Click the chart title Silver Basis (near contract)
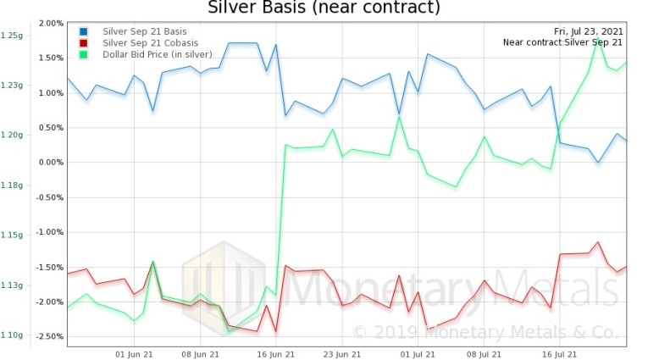[x=324, y=8]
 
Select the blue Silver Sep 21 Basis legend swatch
[x=83, y=31]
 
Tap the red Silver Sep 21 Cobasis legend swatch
[x=83, y=43]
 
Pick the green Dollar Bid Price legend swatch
[x=83, y=55]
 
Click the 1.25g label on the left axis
[x=12, y=36]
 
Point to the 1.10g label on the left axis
[x=12, y=335]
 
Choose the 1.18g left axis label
[x=12, y=185]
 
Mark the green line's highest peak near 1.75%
[x=598, y=39]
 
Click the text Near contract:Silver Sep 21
[x=562, y=42]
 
